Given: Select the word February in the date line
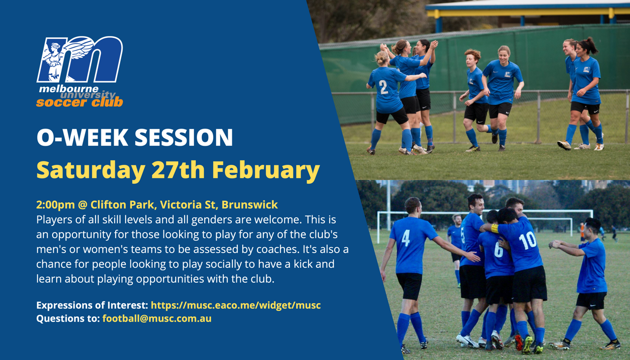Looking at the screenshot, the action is pyautogui.click(x=266, y=170).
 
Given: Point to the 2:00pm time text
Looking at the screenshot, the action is pyautogui.click(x=56, y=205).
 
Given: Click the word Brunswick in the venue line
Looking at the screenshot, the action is pyautogui.click(x=250, y=205).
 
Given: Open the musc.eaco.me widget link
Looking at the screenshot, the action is pyautogui.click(x=236, y=305).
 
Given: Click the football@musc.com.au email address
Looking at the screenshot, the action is pyautogui.click(x=157, y=318).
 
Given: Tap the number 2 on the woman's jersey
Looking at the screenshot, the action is pyautogui.click(x=383, y=87).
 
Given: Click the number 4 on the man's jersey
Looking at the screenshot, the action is pyautogui.click(x=406, y=238).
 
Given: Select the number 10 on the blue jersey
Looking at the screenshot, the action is pyautogui.click(x=527, y=241).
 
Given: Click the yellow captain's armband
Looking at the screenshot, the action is pyautogui.click(x=495, y=228).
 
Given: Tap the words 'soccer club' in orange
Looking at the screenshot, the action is pyautogui.click(x=80, y=102).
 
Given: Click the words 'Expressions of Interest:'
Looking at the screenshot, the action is pyautogui.click(x=92, y=305).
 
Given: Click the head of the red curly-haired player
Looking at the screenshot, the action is pyautogui.click(x=472, y=58).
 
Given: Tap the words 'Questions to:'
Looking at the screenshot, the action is pyautogui.click(x=68, y=318).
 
